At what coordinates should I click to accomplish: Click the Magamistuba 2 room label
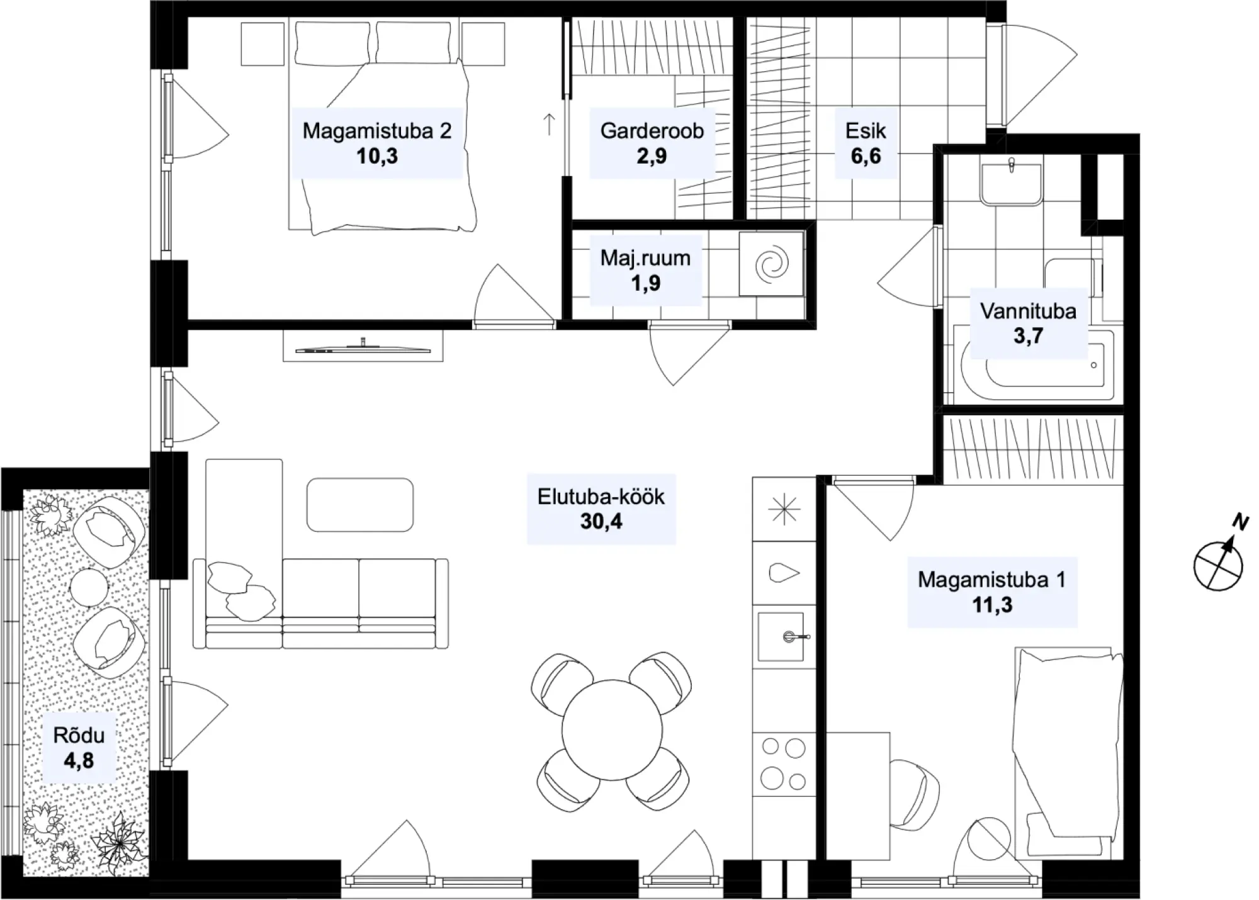[x=376, y=131]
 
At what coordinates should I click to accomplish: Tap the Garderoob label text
[x=652, y=131]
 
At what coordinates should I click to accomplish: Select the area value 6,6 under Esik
[x=866, y=156]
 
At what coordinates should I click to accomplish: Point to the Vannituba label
[x=1028, y=311]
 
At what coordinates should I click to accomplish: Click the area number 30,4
[x=601, y=521]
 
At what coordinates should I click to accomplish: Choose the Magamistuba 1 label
[x=991, y=580]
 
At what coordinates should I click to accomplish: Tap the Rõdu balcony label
[x=79, y=735]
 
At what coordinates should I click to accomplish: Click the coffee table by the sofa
[x=360, y=505]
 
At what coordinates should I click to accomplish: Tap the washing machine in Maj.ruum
[x=771, y=264]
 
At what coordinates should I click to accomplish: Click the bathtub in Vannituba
[x=1034, y=364]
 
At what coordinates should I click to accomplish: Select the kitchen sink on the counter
[x=781, y=637]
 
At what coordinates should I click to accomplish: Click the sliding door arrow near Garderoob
[x=549, y=124]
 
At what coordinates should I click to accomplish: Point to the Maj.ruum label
[x=645, y=258]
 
